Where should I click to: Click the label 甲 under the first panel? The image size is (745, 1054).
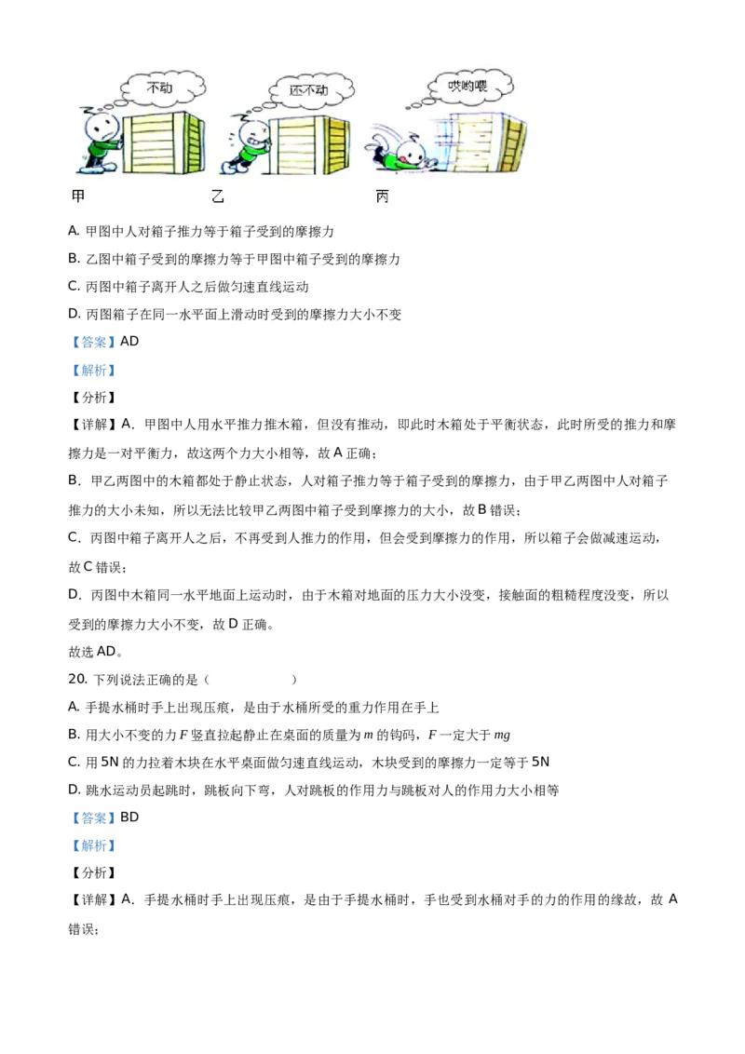pos(78,197)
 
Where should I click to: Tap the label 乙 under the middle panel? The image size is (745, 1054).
pos(218,197)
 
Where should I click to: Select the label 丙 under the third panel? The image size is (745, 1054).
pos(382,197)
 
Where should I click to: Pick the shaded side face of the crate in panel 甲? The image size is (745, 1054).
pos(193,144)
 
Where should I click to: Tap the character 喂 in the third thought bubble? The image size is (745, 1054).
pos(481,87)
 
